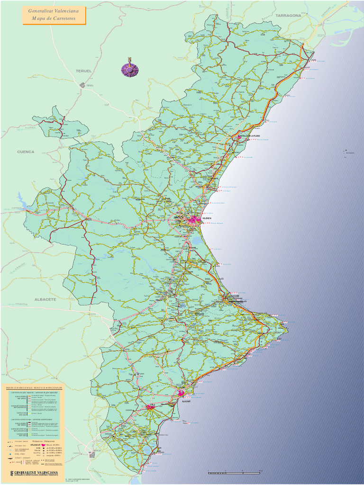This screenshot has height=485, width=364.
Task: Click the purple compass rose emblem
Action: pos(130,69)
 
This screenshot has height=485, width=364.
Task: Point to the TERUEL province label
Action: pos(83,71)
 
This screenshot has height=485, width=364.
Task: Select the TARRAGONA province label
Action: pos(288,16)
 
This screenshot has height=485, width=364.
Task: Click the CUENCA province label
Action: pos(26,152)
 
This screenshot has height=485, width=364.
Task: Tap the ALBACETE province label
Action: pos(45,300)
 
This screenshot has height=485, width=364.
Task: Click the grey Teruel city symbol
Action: pos(82,85)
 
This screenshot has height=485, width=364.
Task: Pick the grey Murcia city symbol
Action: pos(92,455)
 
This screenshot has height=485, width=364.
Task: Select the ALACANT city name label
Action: pos(186,401)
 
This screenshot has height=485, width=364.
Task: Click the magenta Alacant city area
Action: pos(181,393)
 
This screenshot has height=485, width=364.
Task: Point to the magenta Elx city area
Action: pos(150,407)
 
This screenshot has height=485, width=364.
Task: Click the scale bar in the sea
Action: pos(234,472)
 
